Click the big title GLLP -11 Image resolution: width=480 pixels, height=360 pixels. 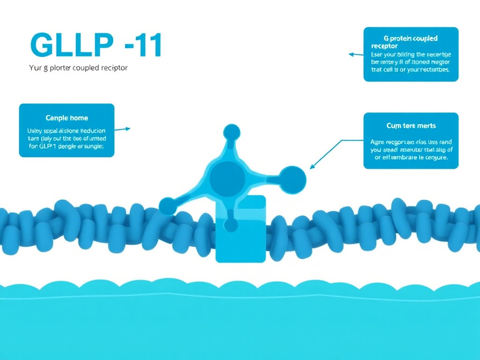pos(96,46)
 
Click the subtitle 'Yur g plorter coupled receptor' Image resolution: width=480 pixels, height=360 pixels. pos(78,68)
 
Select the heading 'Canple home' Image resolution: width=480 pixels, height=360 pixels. pos(67,118)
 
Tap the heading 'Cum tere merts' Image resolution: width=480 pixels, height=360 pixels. pos(411,126)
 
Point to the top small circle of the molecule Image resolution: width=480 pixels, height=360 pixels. pos(231,133)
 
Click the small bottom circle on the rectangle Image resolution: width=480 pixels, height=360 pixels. pos(231,225)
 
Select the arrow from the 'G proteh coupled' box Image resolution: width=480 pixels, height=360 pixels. pos(356,54)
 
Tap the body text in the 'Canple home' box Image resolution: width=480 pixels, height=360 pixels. pos(67,138)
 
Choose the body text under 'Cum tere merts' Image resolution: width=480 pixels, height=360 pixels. pos(411,150)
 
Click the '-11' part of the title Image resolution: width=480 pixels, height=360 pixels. pos(144,46)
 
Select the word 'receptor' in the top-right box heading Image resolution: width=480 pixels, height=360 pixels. pos(384,46)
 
